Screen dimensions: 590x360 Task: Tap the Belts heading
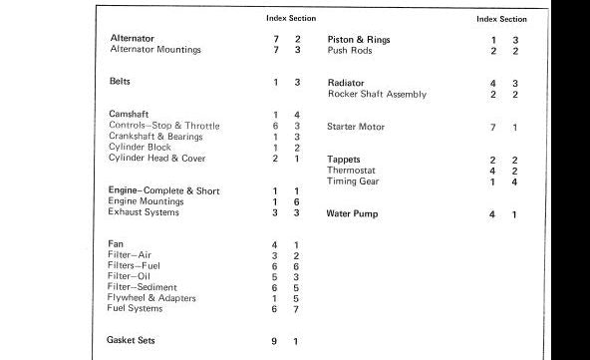pyautogui.click(x=121, y=81)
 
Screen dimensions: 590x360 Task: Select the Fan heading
pyautogui.click(x=115, y=244)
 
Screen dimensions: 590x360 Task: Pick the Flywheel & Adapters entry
pyautogui.click(x=151, y=298)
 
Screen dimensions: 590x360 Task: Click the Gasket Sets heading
pyautogui.click(x=133, y=340)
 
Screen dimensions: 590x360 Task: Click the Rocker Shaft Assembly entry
pyautogui.click(x=377, y=94)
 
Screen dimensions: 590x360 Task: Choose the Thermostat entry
pyautogui.click(x=352, y=170)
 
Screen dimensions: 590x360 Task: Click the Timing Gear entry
pyautogui.click(x=353, y=180)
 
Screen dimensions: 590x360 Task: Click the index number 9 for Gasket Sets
pyautogui.click(x=274, y=341)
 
